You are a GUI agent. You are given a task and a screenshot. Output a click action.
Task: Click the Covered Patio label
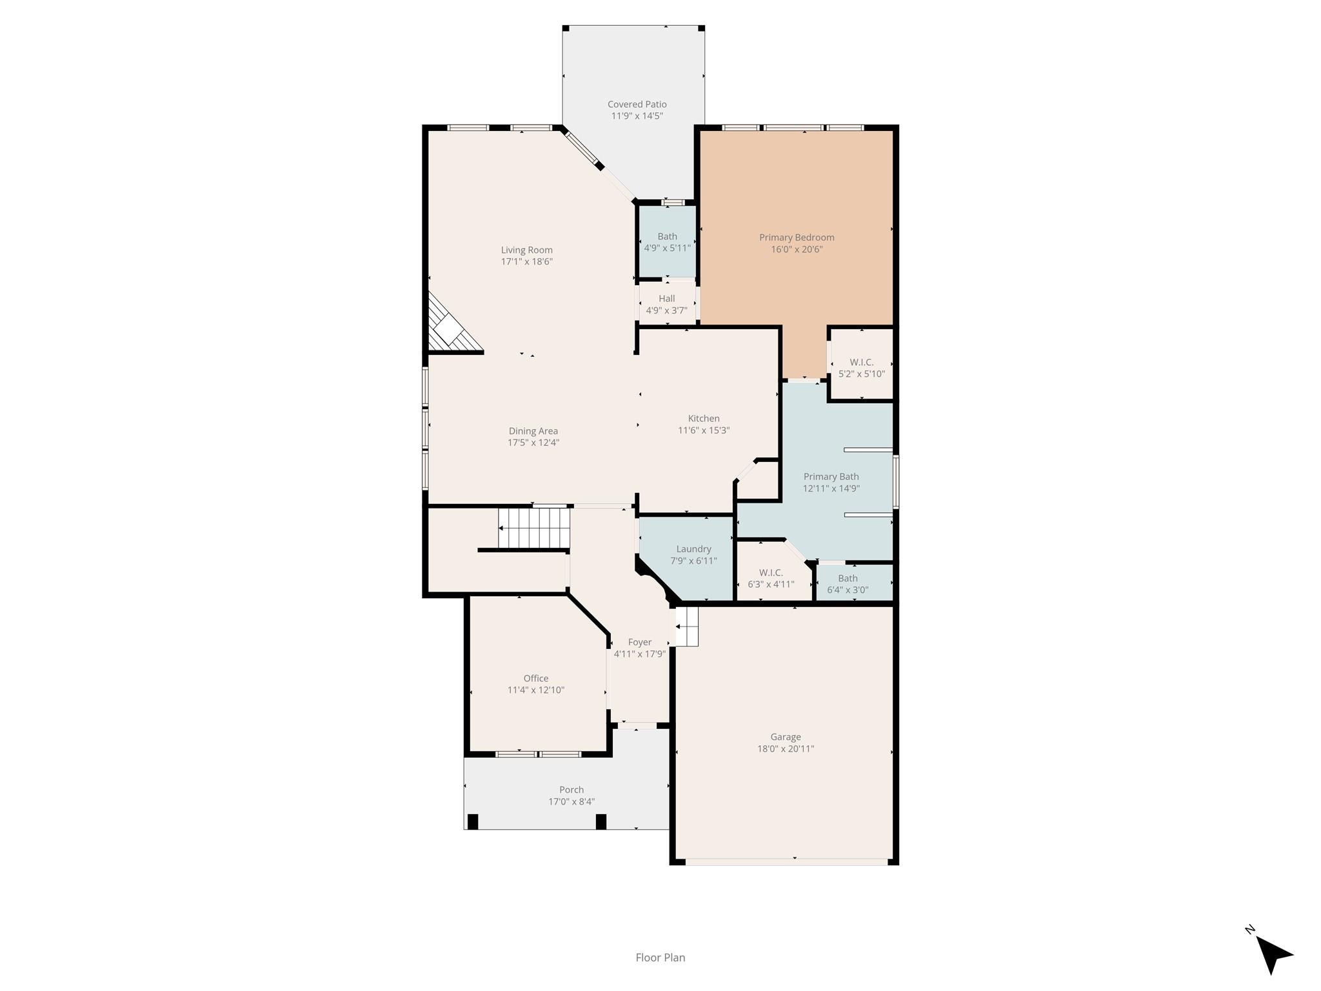(x=637, y=105)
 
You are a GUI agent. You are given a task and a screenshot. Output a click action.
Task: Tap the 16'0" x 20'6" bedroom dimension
(x=797, y=250)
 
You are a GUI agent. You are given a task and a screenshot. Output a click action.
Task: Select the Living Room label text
(x=526, y=250)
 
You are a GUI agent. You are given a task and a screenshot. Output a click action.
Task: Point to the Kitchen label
(x=703, y=419)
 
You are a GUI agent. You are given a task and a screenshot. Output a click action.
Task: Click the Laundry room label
(x=693, y=549)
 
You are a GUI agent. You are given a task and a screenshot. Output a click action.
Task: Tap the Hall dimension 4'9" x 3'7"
(x=666, y=310)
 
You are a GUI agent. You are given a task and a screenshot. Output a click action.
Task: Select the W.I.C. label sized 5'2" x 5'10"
(x=861, y=363)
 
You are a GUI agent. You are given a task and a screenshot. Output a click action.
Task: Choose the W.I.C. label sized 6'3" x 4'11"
(x=771, y=573)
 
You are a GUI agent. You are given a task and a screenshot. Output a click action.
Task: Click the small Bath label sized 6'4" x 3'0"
(x=848, y=579)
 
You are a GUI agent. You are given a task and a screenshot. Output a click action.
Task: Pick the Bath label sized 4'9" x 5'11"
(x=667, y=237)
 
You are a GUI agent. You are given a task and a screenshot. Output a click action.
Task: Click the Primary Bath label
(x=831, y=477)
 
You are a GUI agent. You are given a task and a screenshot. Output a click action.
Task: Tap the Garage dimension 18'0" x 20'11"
(x=785, y=749)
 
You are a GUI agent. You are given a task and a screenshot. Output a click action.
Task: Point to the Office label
(x=535, y=678)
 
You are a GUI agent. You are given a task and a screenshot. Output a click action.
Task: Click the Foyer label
(x=639, y=643)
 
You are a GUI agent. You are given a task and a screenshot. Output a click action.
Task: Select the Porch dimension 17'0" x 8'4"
(x=571, y=802)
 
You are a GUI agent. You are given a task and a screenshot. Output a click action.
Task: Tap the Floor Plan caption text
(x=660, y=957)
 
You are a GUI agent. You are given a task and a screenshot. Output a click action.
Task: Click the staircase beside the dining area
(x=534, y=528)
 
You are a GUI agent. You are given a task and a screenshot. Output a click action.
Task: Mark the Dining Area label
(x=533, y=432)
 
